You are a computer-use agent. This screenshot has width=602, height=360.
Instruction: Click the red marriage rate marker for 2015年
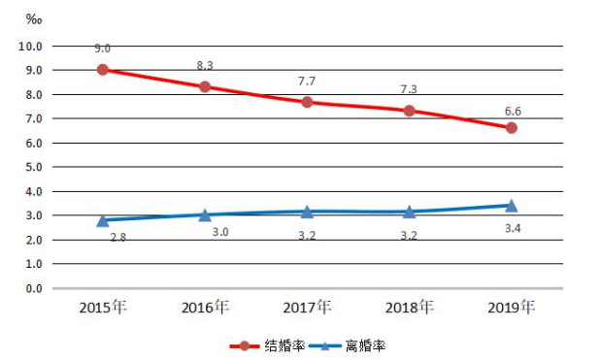pos(102,70)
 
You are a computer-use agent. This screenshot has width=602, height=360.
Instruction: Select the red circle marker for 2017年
pos(307,102)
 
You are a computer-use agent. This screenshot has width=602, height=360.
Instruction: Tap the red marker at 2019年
pos(512,128)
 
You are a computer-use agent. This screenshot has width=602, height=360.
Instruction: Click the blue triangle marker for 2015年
pos(102,220)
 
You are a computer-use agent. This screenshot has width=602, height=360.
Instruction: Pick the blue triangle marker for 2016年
pos(205,215)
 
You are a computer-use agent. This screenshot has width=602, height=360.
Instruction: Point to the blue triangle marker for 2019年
pos(512,205)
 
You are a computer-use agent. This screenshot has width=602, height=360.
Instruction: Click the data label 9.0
pos(102,49)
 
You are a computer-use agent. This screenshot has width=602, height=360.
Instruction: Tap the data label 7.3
pos(409,89)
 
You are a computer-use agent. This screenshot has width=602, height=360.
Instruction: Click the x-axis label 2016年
pos(205,308)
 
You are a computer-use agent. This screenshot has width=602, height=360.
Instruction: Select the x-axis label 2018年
pos(409,308)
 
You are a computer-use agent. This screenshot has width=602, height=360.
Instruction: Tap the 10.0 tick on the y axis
pos(30,46)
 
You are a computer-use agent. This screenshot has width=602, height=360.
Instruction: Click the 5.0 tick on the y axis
pos(33,167)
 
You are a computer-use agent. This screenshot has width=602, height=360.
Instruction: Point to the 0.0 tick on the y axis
pos(33,288)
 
